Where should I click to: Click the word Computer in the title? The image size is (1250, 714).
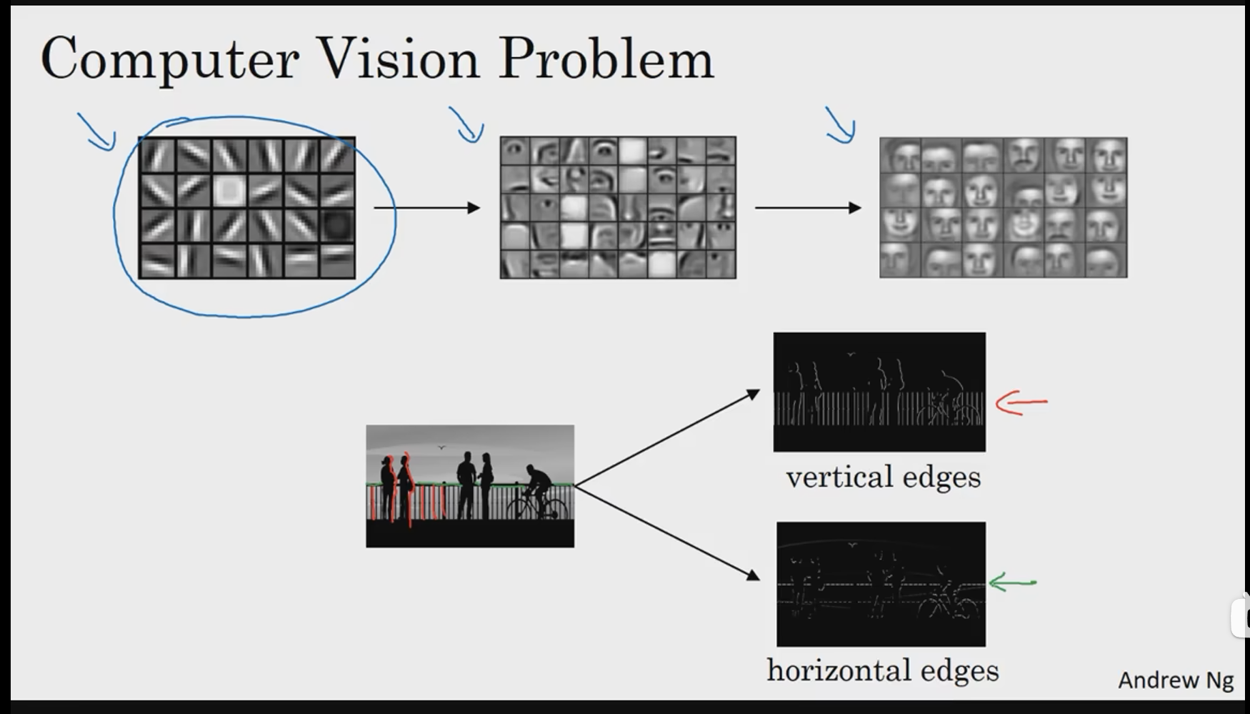(170, 59)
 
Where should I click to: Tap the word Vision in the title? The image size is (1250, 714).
(398, 58)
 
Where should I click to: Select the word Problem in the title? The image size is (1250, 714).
(606, 58)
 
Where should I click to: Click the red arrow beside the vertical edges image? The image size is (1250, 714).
(1021, 402)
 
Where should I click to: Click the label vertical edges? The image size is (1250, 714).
(884, 477)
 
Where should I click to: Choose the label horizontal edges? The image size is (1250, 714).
(883, 670)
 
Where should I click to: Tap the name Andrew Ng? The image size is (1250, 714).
(1175, 680)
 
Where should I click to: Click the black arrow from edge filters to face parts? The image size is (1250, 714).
(426, 208)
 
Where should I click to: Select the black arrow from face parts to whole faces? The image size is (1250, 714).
(808, 208)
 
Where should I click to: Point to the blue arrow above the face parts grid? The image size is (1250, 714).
(467, 126)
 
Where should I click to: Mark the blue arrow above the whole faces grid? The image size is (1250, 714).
(841, 126)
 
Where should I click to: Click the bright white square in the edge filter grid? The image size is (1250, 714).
(229, 190)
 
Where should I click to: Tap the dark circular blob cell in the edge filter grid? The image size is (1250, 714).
(336, 225)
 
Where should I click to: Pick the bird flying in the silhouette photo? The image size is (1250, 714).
(441, 447)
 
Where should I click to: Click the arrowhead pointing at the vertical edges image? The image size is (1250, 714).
(754, 395)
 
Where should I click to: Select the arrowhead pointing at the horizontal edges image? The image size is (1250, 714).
(753, 575)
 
